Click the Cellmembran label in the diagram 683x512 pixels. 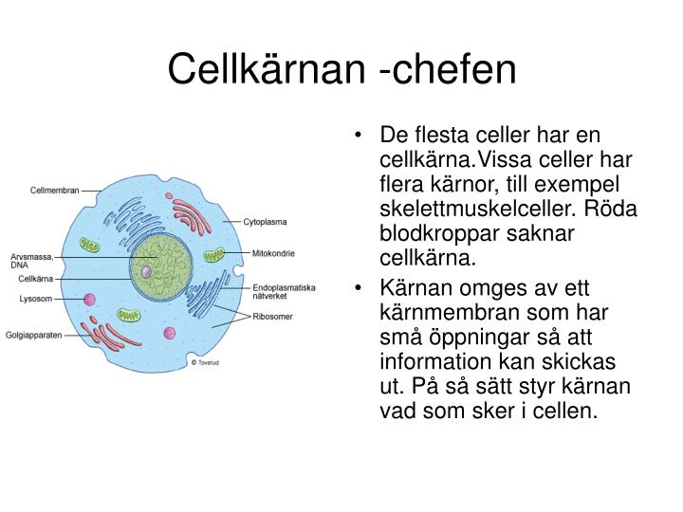click(54, 190)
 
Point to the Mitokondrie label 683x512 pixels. click(273, 253)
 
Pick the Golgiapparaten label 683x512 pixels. click(35, 335)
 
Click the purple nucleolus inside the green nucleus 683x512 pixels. click(147, 272)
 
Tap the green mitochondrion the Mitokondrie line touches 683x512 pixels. click(214, 255)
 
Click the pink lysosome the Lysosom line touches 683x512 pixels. click(90, 300)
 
